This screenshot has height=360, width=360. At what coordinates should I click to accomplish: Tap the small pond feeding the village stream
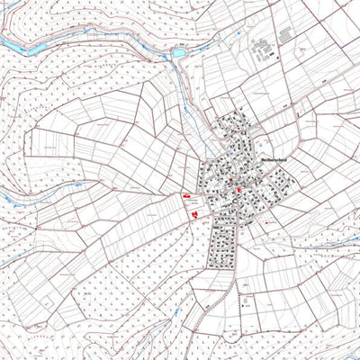click(178, 54)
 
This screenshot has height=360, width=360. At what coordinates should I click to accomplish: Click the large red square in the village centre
click(238, 190)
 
